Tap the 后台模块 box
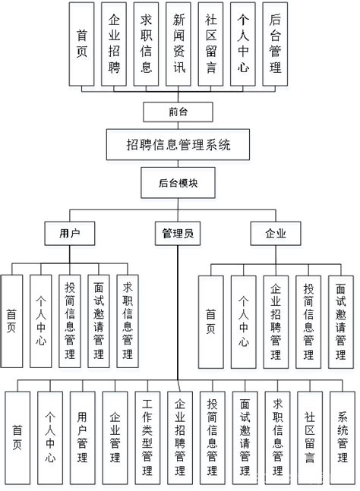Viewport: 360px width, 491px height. [x=178, y=183]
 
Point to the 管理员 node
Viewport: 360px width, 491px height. [x=178, y=234]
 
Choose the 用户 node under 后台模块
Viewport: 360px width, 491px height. [x=70, y=234]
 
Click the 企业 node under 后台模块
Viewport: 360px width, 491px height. [x=276, y=234]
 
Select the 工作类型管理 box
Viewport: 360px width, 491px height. [x=147, y=436]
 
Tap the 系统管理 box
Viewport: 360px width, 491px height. [x=343, y=436]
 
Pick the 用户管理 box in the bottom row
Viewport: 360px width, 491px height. [x=82, y=436]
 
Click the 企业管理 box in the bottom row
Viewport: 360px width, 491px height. [x=115, y=436]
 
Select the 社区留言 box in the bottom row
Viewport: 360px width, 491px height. [x=311, y=436]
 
